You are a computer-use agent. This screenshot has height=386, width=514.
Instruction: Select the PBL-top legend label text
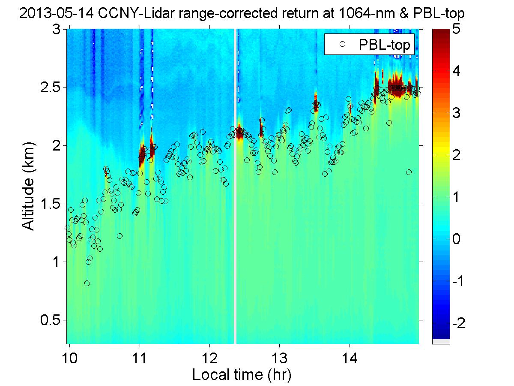click(384, 44)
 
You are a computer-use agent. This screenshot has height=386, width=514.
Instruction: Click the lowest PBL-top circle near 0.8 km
click(87, 283)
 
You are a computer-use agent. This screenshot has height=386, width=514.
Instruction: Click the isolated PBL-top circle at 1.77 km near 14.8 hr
click(409, 172)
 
